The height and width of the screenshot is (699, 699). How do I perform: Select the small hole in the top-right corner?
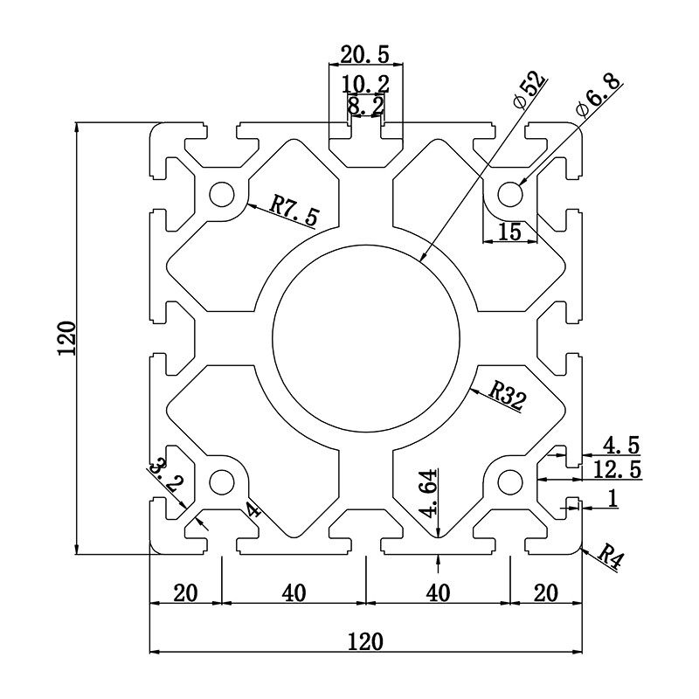(x=510, y=191)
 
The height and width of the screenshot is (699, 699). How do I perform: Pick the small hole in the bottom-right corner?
(x=510, y=481)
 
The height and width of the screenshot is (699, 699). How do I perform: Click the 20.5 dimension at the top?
(x=365, y=54)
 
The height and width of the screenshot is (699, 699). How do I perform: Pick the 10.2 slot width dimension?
(x=365, y=84)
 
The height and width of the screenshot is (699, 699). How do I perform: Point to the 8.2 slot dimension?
(x=365, y=106)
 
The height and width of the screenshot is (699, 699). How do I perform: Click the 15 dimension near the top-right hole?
(x=509, y=232)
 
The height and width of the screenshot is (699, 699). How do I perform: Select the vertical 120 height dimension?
(x=67, y=338)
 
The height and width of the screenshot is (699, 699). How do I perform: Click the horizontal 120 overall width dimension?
(x=365, y=641)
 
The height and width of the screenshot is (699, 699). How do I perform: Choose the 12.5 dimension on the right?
(x=617, y=470)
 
